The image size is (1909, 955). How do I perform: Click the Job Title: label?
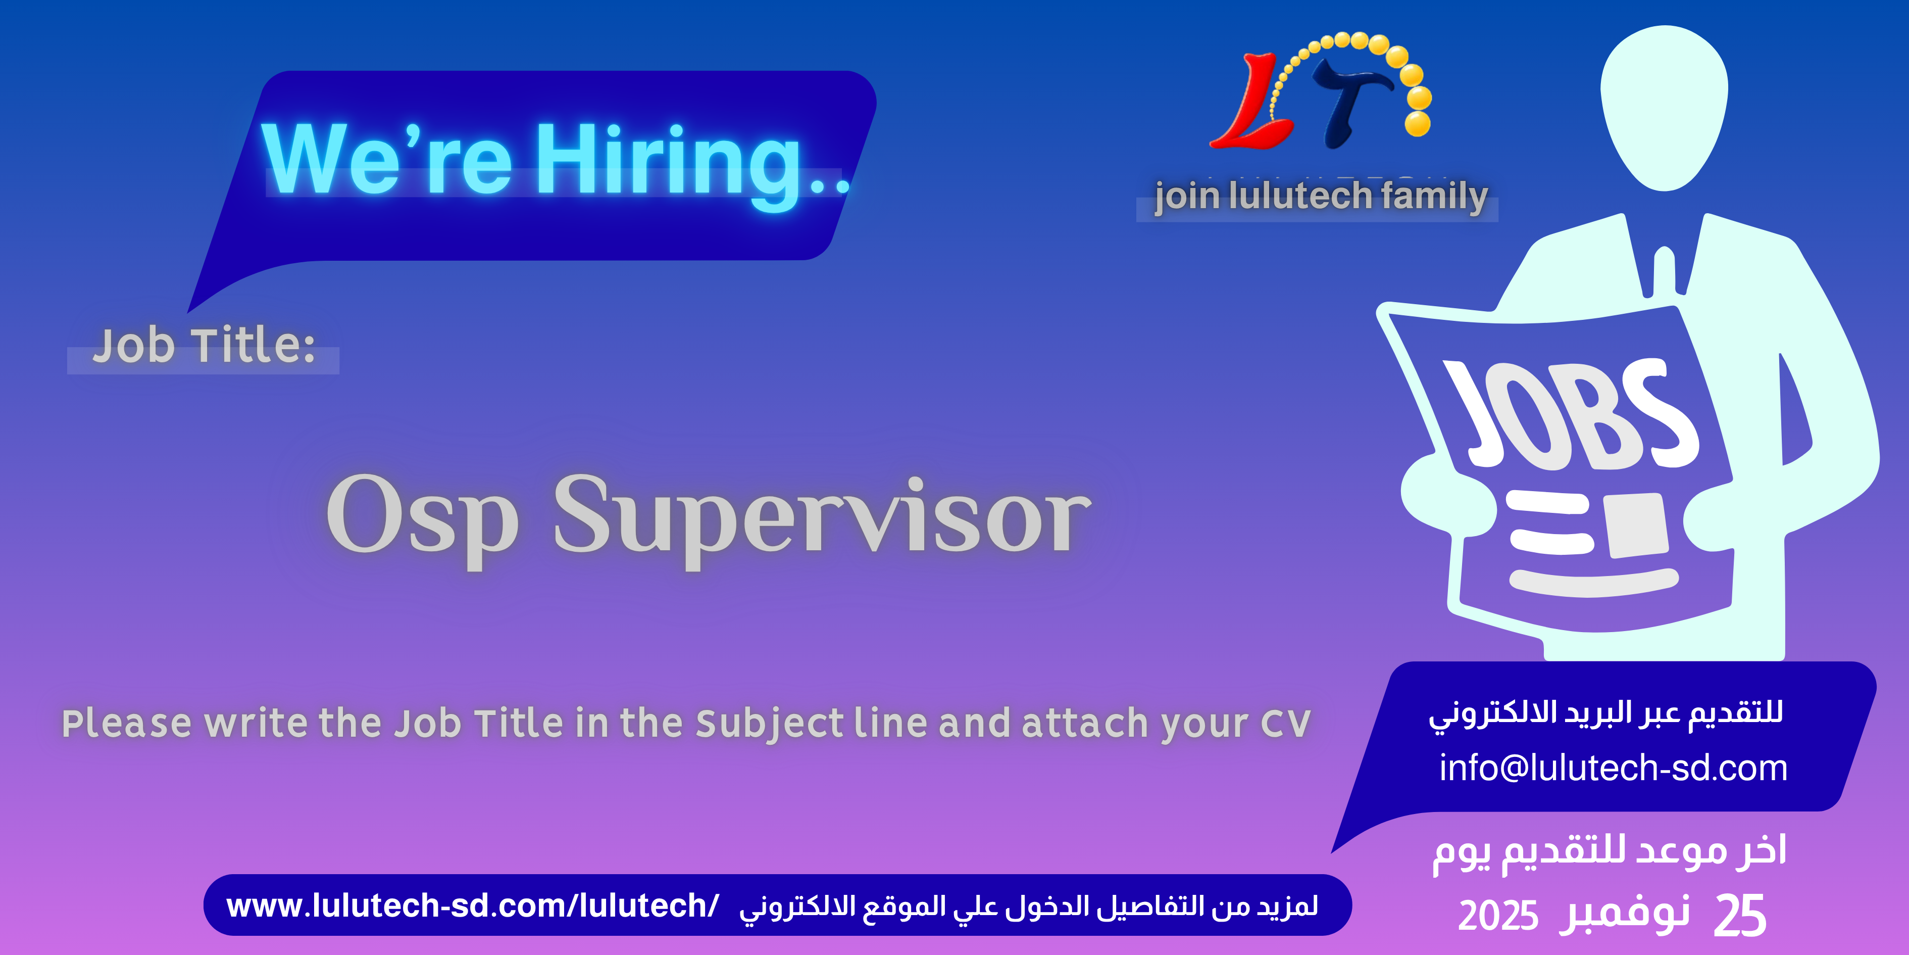coord(204,346)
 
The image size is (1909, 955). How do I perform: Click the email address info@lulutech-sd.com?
coord(1613,768)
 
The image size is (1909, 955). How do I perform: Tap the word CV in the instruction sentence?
coord(1286,723)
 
